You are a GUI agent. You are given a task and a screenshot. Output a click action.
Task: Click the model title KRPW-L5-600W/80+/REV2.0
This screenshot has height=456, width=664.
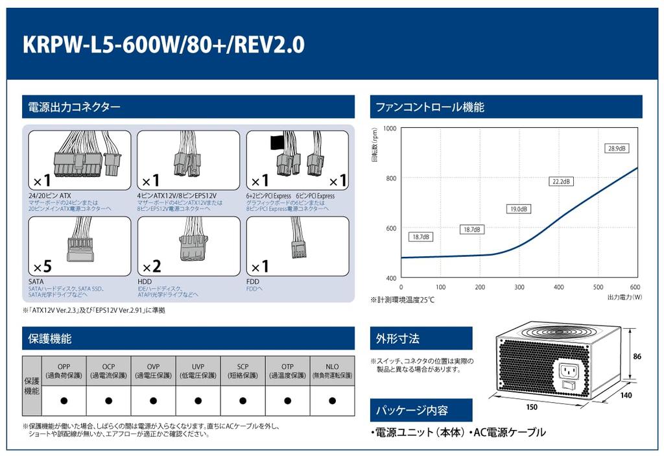pos(163,44)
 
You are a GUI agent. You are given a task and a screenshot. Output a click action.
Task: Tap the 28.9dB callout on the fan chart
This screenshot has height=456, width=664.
pos(617,148)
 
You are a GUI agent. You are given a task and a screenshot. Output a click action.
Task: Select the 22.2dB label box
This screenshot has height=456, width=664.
pos(562,182)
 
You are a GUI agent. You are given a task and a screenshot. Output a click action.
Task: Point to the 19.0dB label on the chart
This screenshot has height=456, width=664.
pos(519,209)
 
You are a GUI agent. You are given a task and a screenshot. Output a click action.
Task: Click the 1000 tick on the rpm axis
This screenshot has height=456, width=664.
pos(389,128)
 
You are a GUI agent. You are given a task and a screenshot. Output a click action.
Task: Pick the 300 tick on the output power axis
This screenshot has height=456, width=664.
pos(519,287)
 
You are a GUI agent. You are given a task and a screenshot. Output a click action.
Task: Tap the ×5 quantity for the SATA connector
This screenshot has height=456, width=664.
pos(43,266)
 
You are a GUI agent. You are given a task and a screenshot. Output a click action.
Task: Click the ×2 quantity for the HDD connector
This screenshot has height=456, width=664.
pos(152,266)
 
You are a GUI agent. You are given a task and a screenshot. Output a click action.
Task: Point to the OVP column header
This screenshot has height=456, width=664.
pos(153,371)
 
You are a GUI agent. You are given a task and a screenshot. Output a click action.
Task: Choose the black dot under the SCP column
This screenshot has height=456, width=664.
pos(243,400)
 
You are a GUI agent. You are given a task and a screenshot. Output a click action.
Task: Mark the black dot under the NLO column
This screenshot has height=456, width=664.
pos(332,400)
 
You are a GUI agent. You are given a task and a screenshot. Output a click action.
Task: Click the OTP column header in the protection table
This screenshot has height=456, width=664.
pos(287,371)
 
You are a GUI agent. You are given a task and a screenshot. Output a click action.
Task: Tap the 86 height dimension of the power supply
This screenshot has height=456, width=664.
pos(637,356)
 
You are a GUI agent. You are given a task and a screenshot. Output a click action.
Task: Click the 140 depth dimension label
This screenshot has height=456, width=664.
pos(626,394)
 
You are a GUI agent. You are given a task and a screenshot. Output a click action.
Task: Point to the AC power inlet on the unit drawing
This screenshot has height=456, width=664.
pos(569,372)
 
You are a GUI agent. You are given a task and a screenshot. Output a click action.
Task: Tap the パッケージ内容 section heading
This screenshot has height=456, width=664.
pos(412,411)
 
